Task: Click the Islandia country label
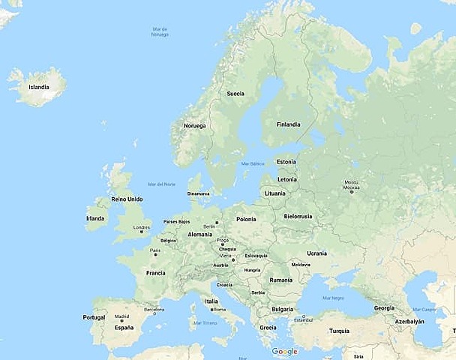coord(39,87)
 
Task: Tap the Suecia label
coord(235,94)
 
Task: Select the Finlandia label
coord(288,124)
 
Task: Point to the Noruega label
coord(194,126)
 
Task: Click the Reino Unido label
coord(127,199)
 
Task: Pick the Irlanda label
coord(95,218)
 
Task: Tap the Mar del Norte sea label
coord(161,184)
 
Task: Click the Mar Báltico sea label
coord(253,163)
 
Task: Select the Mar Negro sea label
coord(333,298)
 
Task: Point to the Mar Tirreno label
coord(205,323)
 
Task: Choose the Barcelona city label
coord(154,309)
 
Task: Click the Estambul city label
coord(302,320)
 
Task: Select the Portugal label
coord(94,317)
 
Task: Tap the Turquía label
coord(339,331)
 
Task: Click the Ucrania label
coord(316,253)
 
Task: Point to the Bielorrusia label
coord(298,216)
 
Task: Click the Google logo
coord(284,352)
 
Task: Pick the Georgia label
coord(384,308)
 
